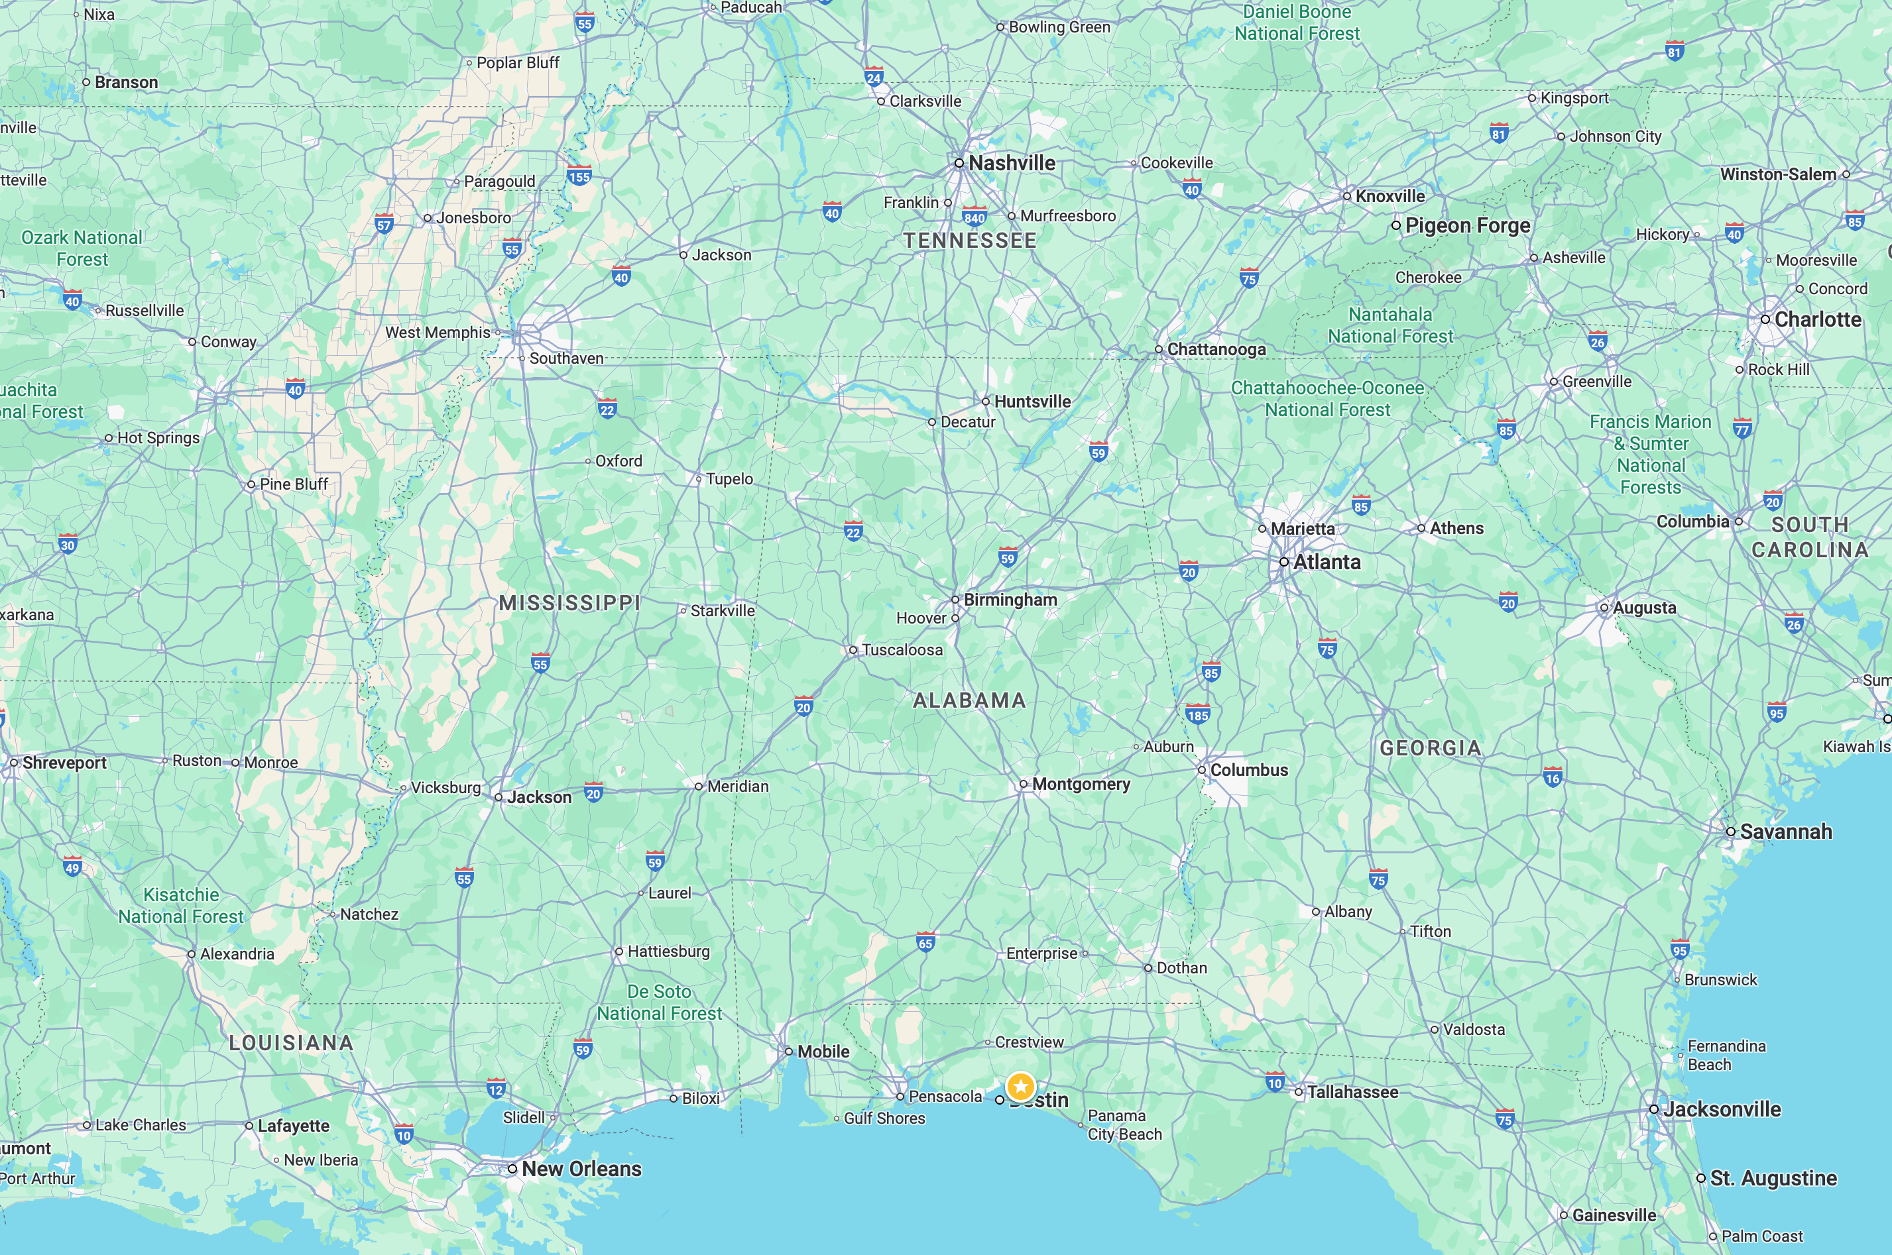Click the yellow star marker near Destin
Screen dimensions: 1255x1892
(1021, 1086)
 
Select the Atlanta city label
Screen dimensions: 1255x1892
(1326, 562)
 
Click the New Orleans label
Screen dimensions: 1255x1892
(581, 1169)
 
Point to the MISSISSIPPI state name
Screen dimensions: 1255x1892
(569, 603)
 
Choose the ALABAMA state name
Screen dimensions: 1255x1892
(970, 700)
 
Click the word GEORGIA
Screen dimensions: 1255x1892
(1430, 747)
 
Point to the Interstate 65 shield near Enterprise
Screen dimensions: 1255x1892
(925, 942)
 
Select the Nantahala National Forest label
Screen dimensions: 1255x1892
(1390, 325)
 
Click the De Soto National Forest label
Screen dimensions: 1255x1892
(659, 1002)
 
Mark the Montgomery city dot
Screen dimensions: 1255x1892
(1024, 785)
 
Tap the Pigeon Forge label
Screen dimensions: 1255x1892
(1467, 226)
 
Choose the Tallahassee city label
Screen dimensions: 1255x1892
(1352, 1092)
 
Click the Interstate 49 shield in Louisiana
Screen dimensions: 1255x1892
(73, 867)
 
